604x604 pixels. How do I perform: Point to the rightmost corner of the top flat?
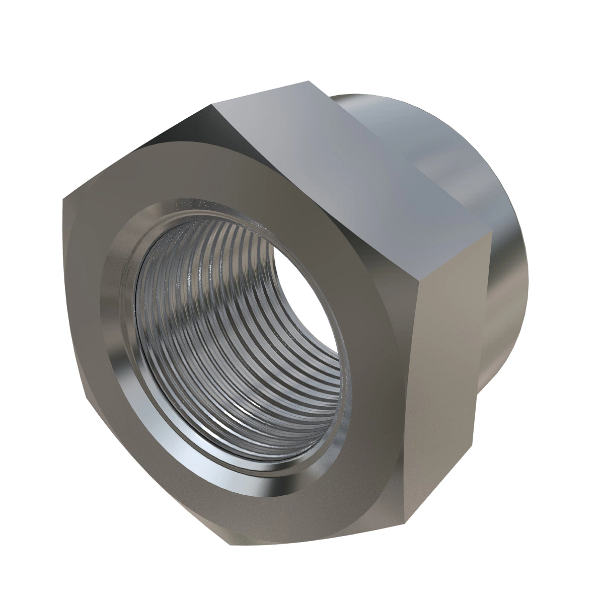tap(491, 233)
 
